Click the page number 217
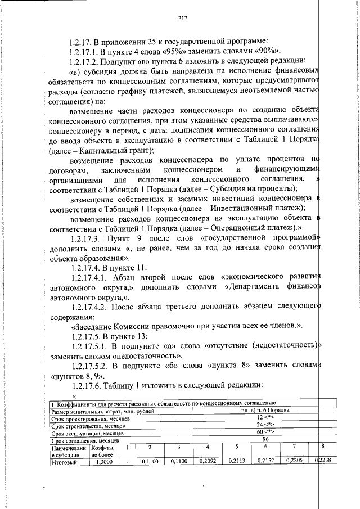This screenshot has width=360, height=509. tap(182, 17)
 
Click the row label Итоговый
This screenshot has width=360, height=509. tap(64, 462)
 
